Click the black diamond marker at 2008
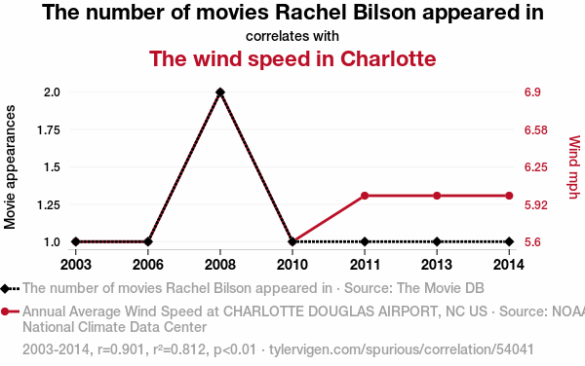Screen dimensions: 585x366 [220, 91]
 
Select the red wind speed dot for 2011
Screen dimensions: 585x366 [365, 196]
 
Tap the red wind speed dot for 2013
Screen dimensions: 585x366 [437, 196]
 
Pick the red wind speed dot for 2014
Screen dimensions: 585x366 [509, 196]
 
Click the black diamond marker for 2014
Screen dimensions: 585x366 [509, 241]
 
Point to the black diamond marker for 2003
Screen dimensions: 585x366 [76, 241]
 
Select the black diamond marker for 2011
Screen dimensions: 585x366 [365, 241]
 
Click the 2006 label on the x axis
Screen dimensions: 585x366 [148, 265]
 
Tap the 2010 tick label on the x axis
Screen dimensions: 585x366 [292, 265]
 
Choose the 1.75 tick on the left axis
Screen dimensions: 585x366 [49, 129]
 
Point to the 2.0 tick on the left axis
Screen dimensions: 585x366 [52, 91]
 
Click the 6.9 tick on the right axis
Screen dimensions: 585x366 [532, 91]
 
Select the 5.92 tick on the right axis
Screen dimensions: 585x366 [535, 204]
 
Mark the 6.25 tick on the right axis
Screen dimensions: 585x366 [535, 166]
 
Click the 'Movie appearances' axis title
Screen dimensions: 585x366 [10, 167]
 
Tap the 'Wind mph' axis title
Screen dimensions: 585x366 [574, 167]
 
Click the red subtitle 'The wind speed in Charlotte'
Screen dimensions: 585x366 [292, 58]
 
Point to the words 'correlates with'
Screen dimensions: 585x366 [292, 36]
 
